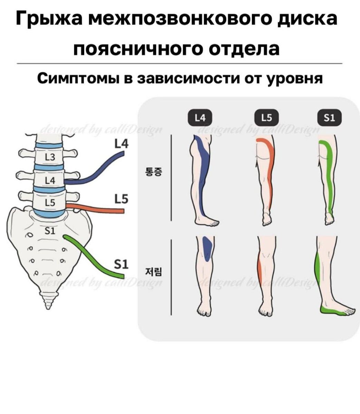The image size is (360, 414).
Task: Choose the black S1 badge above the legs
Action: click(x=330, y=118)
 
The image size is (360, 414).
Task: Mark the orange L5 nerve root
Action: click(x=97, y=209)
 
